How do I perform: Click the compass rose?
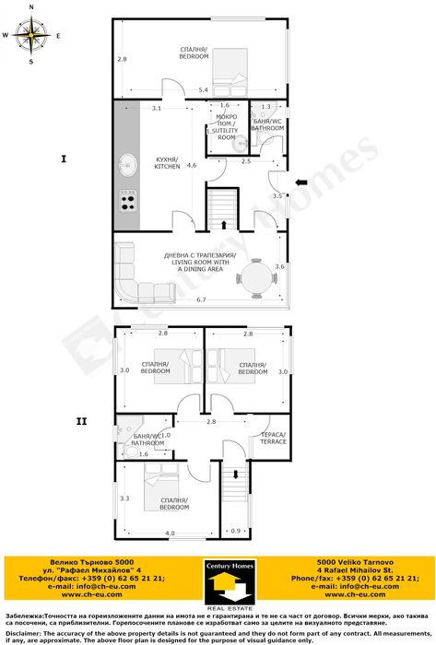[x=32, y=37]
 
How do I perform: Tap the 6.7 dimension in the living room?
[x=201, y=300]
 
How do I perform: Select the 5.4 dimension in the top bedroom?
[x=203, y=89]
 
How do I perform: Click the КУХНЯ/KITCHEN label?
[x=168, y=162]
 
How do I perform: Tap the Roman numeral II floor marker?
[x=81, y=421]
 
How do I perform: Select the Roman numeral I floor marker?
[x=63, y=159]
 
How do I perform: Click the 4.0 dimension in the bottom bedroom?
[x=170, y=534]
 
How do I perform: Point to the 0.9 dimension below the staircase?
[x=235, y=531]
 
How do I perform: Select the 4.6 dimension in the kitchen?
[x=191, y=166]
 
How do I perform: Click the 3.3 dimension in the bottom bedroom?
[x=124, y=498]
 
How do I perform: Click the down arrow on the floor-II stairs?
[x=236, y=475]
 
